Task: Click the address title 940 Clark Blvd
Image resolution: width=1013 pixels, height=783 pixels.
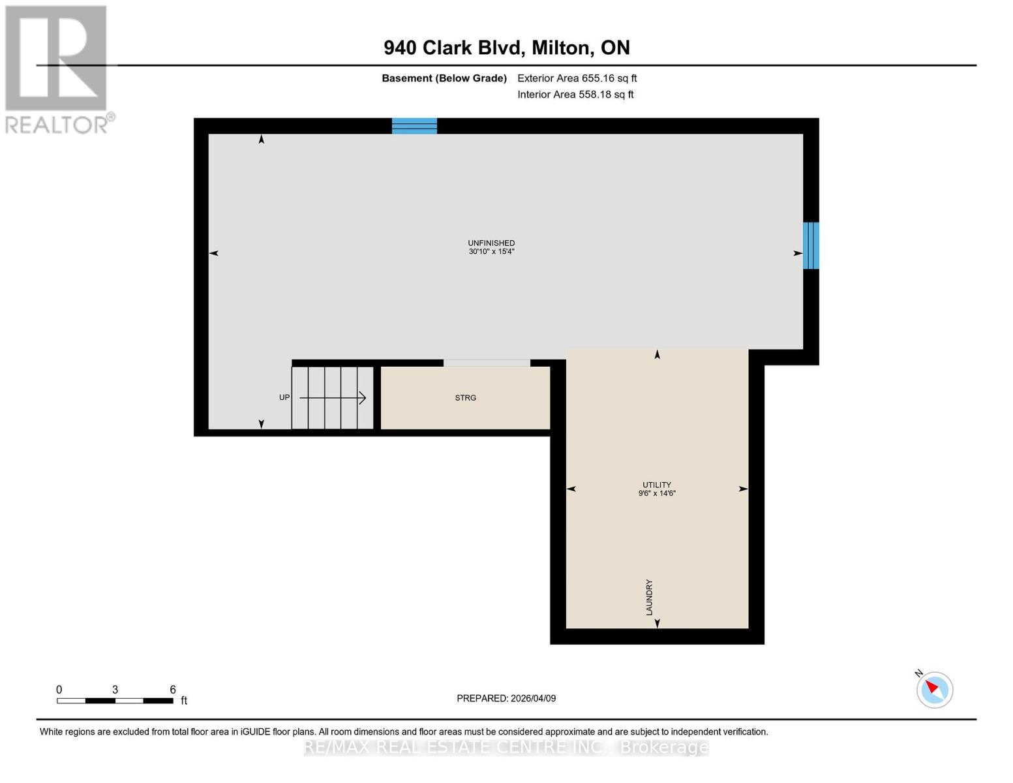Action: pos(506,48)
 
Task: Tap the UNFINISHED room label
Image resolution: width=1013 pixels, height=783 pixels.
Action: pos(491,243)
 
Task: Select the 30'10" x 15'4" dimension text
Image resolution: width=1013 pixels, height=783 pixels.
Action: pos(491,251)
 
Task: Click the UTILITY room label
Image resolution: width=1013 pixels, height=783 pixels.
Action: pos(656,485)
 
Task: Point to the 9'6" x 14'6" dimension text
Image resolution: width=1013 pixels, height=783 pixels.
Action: pos(656,493)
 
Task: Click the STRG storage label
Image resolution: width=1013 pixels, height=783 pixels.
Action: pos(465,397)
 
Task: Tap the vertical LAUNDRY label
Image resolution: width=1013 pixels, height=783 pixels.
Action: pos(649,597)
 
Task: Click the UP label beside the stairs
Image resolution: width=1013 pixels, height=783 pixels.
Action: pos(284,397)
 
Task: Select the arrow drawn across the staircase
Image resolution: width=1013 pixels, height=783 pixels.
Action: pos(332,397)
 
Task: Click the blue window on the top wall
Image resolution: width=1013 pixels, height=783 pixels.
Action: pos(414,126)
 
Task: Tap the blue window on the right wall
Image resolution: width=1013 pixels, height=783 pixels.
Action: pos(810,245)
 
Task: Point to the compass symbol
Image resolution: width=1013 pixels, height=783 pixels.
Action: pos(934,689)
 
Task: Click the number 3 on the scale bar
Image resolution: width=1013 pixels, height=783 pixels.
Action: pos(115,690)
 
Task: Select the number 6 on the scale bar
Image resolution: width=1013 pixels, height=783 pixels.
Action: pos(172,690)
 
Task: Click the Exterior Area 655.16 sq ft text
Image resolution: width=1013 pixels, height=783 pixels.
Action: pos(577,78)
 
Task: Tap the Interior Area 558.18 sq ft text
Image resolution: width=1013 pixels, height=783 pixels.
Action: pos(575,95)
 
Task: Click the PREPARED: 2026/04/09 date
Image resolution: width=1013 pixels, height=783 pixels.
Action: pos(506,698)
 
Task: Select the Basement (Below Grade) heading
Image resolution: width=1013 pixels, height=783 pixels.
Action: pos(444,78)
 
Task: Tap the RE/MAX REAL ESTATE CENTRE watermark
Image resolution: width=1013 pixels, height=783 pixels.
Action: pos(506,747)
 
